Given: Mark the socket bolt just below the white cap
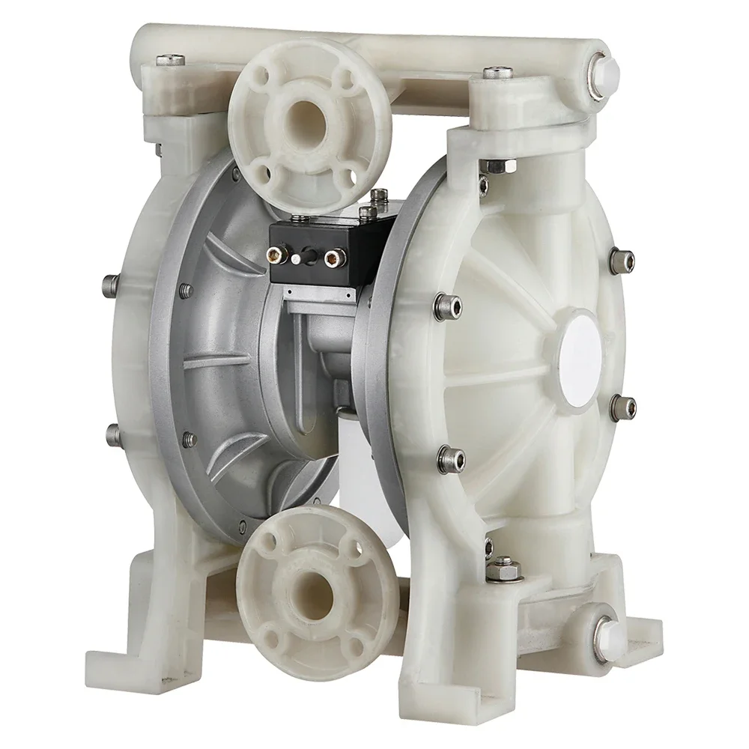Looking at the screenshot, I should (x=622, y=405).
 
